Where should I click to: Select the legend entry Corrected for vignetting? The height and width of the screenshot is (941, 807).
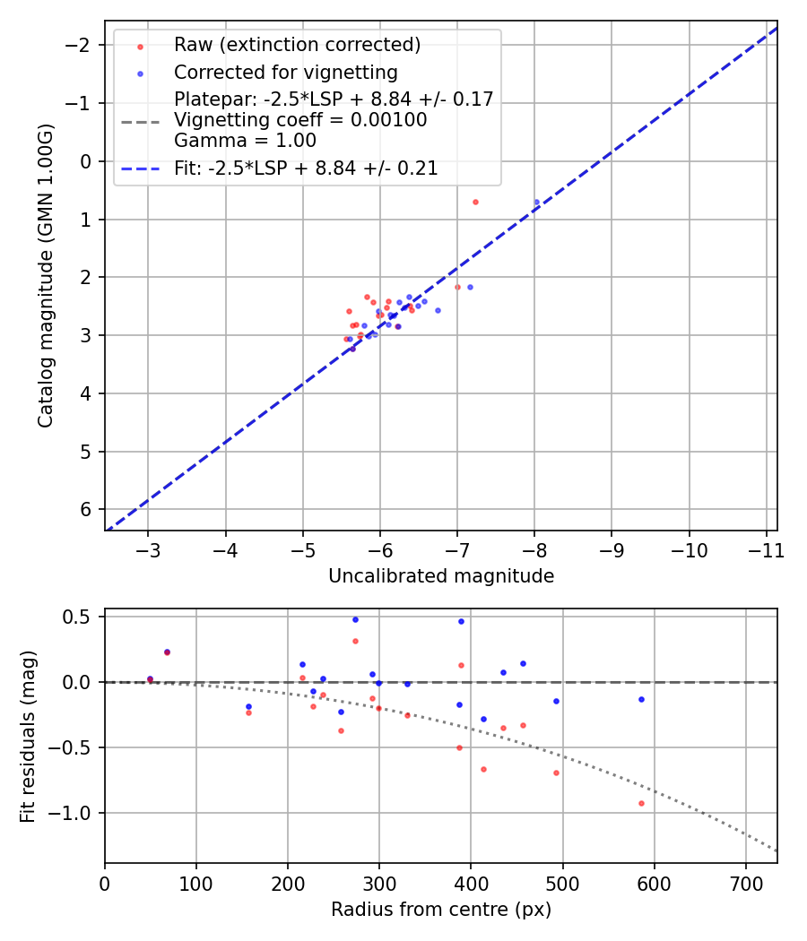[285, 72]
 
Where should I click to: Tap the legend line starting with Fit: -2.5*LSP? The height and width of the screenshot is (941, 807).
[306, 168]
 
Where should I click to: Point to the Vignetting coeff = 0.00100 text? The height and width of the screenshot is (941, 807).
[300, 120]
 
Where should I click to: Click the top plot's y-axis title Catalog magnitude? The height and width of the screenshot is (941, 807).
[46, 275]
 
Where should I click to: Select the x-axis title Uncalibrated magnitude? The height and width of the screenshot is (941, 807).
[440, 576]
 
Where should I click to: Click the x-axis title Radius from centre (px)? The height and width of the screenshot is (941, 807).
[440, 910]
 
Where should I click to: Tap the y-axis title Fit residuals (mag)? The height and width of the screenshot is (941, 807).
[28, 736]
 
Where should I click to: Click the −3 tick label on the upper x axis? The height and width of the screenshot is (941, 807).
[148, 549]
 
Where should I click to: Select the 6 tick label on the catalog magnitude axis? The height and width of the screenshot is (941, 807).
[87, 509]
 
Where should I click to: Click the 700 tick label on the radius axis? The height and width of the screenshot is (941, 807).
[745, 883]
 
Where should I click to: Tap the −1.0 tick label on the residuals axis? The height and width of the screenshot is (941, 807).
[74, 813]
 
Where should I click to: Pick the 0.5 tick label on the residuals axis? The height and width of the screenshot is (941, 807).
[78, 617]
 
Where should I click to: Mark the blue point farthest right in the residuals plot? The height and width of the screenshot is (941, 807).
[641, 699]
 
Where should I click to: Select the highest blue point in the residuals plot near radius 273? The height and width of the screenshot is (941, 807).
[355, 619]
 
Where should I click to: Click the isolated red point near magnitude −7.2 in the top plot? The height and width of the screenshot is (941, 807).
[475, 202]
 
